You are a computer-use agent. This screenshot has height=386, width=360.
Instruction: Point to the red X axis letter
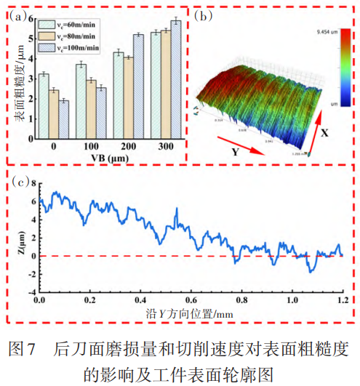[x=324, y=134]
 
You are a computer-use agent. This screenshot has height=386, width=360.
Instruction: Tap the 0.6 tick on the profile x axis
[x=191, y=299]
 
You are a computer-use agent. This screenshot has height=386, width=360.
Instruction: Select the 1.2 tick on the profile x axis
[x=341, y=299]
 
